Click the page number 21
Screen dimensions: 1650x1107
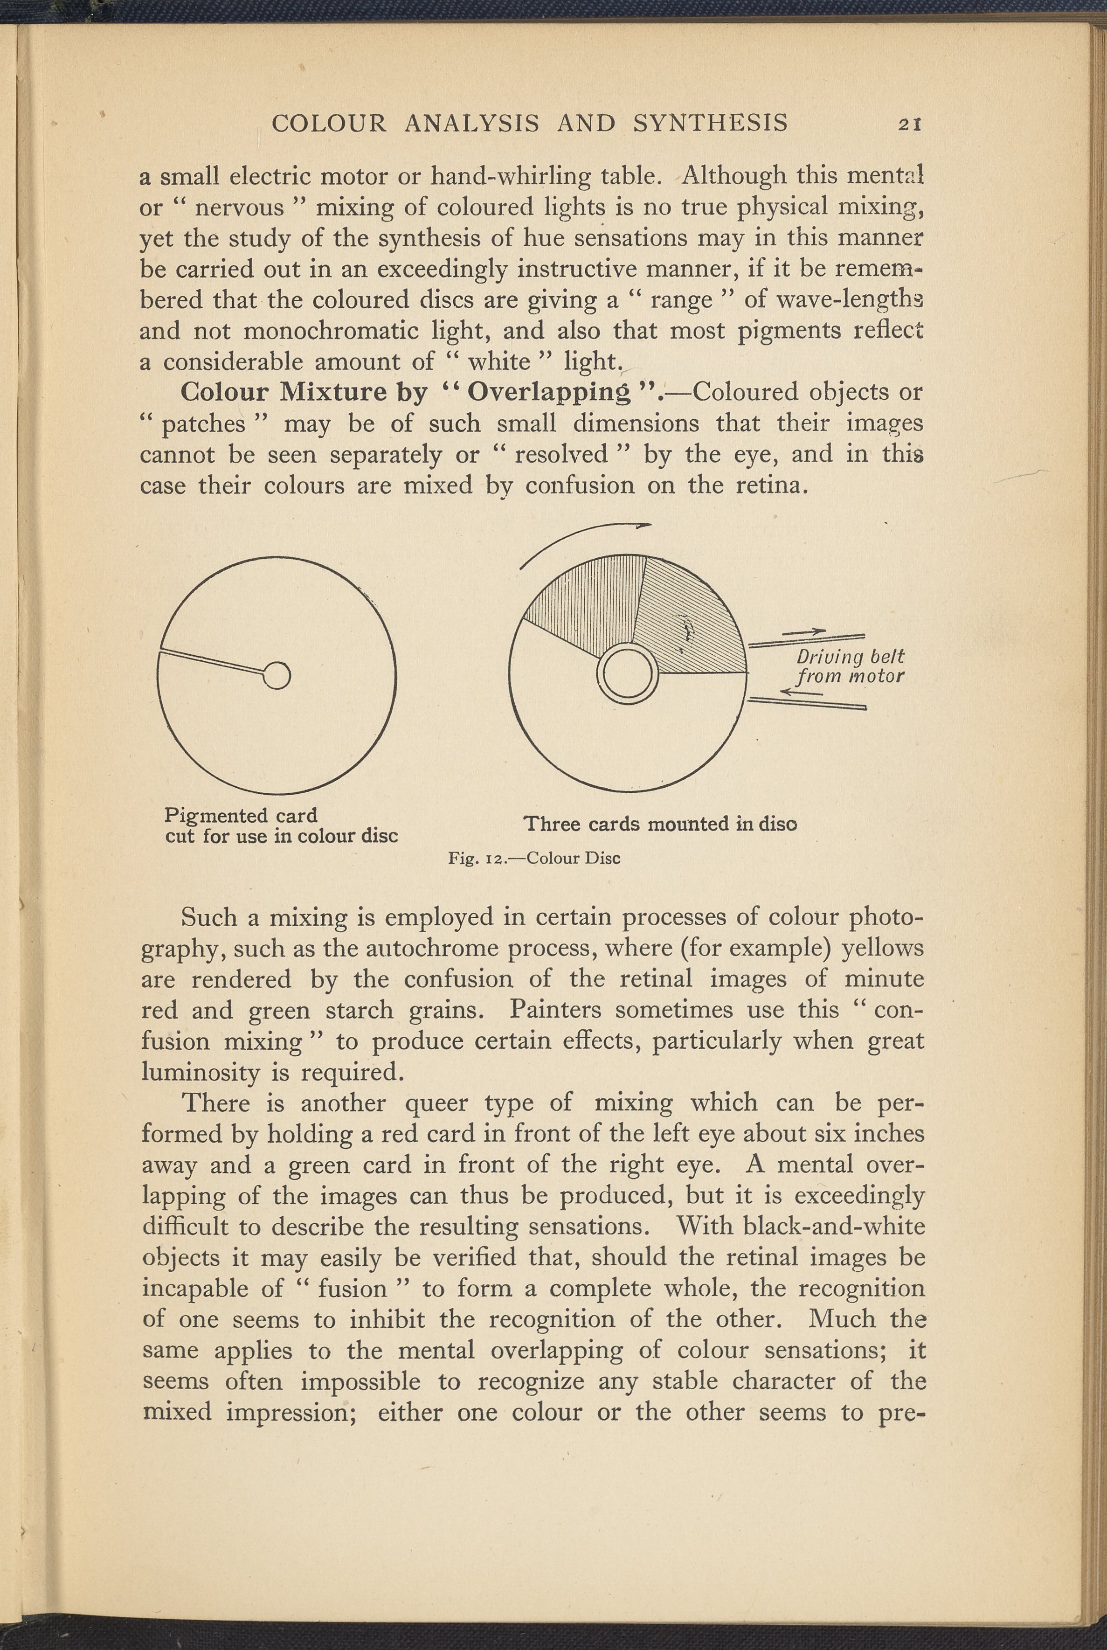click(909, 124)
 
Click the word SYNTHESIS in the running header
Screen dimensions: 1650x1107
click(710, 124)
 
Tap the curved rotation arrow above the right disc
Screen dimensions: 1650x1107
click(579, 540)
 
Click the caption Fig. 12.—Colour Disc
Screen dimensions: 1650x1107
click(534, 859)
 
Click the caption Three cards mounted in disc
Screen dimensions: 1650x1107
click(660, 824)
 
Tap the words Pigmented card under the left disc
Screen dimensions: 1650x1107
click(241, 816)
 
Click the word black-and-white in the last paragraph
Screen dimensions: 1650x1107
click(834, 1226)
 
